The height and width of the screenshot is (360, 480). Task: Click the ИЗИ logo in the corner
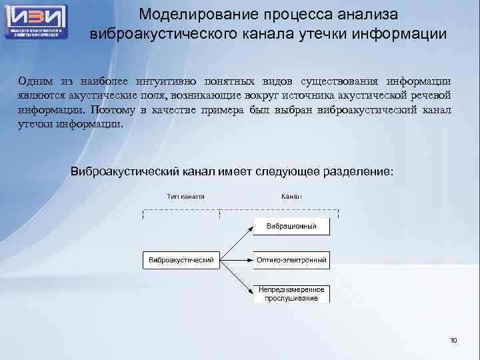point(36,21)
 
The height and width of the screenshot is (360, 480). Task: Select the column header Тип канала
point(186,196)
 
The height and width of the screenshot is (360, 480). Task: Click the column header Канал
point(291,196)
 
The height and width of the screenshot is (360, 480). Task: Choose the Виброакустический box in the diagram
point(181,260)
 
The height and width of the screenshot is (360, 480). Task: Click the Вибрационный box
point(292,227)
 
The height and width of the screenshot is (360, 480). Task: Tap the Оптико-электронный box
point(292,260)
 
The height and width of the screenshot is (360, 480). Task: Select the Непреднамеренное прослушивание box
point(292,294)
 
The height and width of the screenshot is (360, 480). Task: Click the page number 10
point(454,341)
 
